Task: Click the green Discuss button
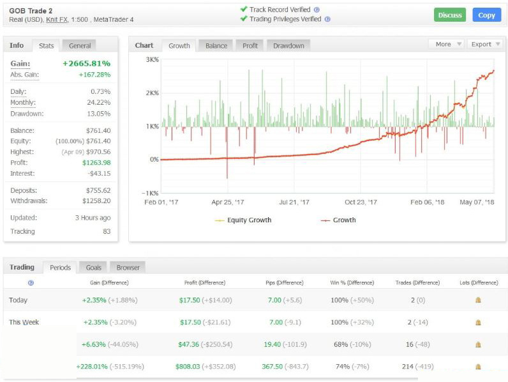[449, 15]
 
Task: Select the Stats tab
[46, 45]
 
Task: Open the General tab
[80, 45]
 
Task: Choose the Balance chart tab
[216, 45]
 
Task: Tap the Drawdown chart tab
[288, 45]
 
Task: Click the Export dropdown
[485, 44]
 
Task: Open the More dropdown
[447, 44]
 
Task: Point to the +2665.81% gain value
[86, 64]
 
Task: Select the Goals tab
[93, 267]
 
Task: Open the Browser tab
[128, 267]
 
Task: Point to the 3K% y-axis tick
[151, 59]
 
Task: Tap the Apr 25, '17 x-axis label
[228, 202]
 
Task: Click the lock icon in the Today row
[478, 300]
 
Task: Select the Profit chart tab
[251, 45]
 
